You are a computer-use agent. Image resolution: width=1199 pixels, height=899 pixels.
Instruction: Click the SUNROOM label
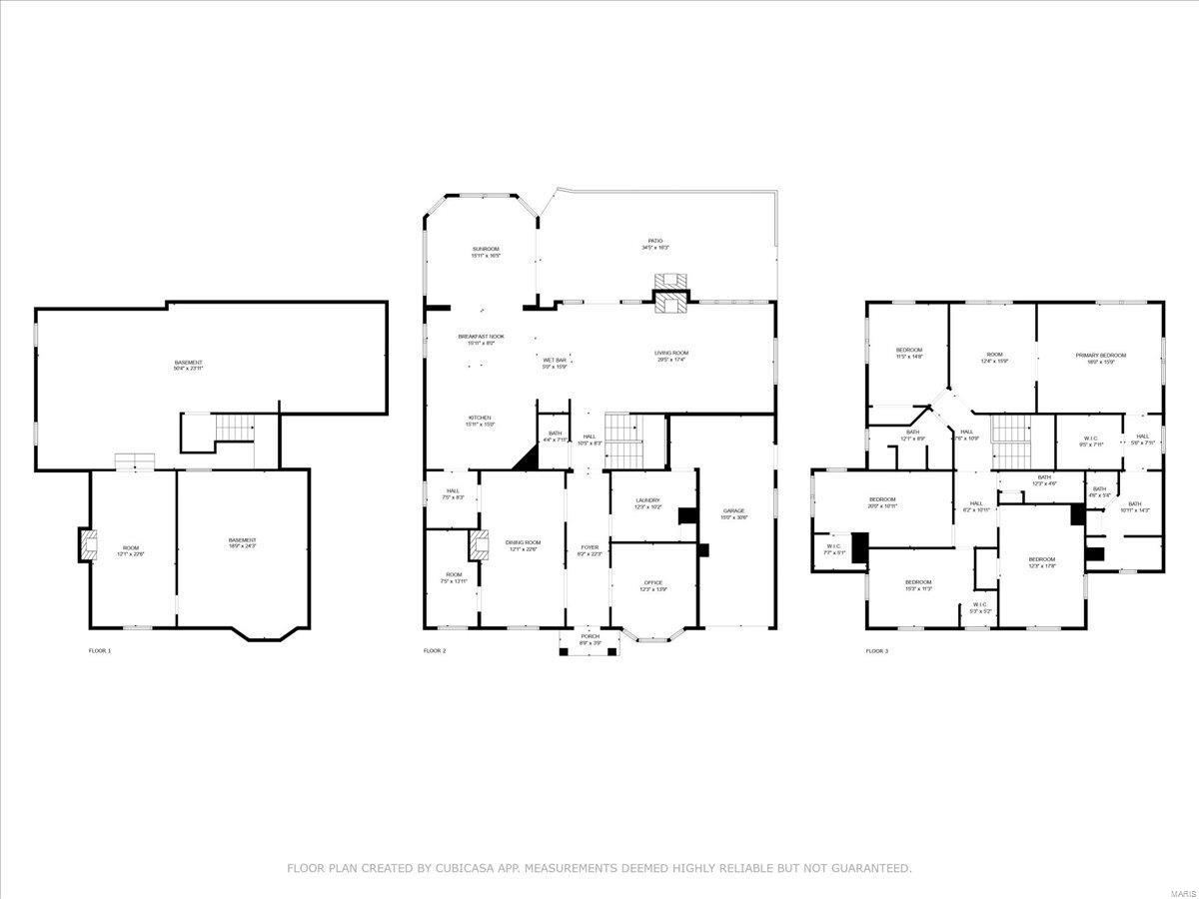pos(486,249)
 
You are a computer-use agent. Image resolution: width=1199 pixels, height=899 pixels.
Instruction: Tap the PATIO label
pos(655,241)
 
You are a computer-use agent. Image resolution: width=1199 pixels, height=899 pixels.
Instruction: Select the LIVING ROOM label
pos(671,353)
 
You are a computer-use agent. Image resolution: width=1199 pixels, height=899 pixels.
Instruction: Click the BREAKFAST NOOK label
pos(481,337)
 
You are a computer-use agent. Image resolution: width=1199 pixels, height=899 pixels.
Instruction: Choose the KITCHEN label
pos(480,418)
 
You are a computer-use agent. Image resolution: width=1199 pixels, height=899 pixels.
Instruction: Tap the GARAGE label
pos(734,511)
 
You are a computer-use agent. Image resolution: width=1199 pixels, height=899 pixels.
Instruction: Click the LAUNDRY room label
pos(647,500)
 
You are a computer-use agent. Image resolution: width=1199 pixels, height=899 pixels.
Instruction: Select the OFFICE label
pos(652,582)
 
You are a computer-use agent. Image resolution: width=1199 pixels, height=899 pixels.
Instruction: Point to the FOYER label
pos(590,547)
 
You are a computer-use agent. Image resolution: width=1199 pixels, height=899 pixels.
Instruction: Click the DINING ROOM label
pos(523,542)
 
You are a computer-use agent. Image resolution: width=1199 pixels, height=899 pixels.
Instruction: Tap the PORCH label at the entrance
pos(590,638)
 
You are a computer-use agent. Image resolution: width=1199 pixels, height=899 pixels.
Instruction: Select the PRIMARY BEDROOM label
pos(1100,356)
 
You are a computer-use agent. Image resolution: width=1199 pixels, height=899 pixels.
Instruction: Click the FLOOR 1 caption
pos(100,650)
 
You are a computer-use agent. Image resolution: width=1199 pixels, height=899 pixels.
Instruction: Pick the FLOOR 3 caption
pos(876,650)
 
